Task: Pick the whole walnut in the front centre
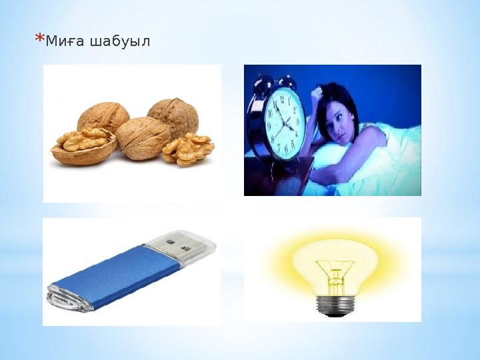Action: [143, 137]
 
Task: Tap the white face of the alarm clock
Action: [285, 121]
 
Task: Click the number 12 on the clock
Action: [282, 97]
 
